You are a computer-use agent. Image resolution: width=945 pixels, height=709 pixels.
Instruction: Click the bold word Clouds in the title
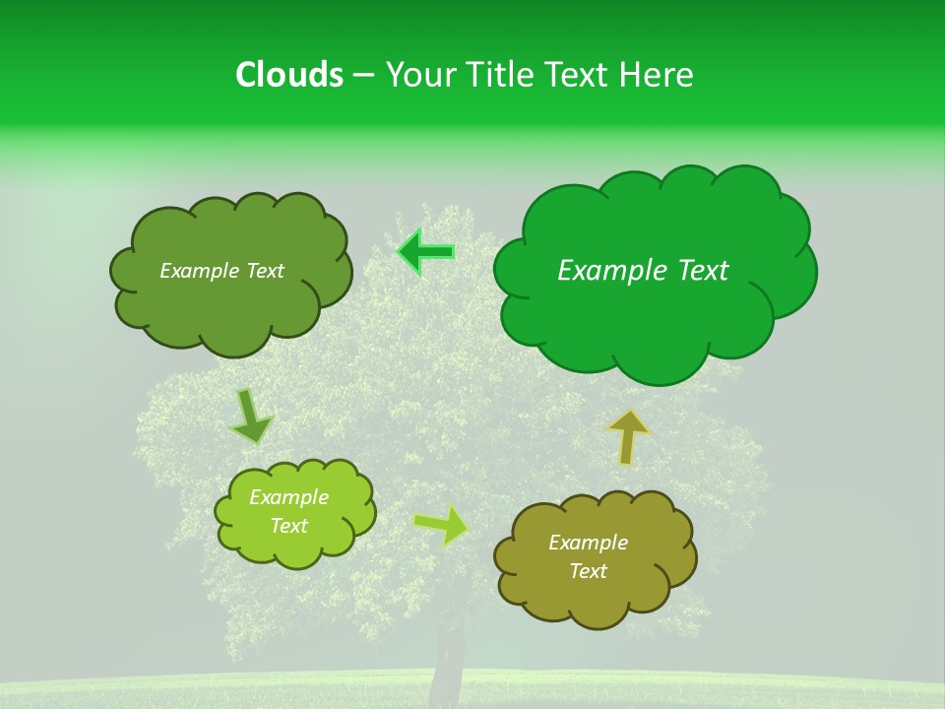click(289, 75)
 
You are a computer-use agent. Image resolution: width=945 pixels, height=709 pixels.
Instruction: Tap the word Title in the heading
click(502, 75)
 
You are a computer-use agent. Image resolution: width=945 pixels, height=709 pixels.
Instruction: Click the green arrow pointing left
click(425, 252)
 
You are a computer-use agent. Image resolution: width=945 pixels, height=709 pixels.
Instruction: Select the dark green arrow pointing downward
click(251, 417)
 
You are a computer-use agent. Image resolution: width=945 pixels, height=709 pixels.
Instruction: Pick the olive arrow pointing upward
click(628, 435)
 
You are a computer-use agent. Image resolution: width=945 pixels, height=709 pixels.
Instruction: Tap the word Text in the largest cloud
click(702, 271)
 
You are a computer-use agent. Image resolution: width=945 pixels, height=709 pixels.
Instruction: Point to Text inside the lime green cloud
click(289, 526)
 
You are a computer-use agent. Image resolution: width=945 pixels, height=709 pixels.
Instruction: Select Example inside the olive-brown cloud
click(588, 543)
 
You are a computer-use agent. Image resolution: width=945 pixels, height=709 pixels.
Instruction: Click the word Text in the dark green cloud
click(263, 271)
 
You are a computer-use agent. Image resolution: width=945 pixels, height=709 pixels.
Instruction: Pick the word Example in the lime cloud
click(289, 497)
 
